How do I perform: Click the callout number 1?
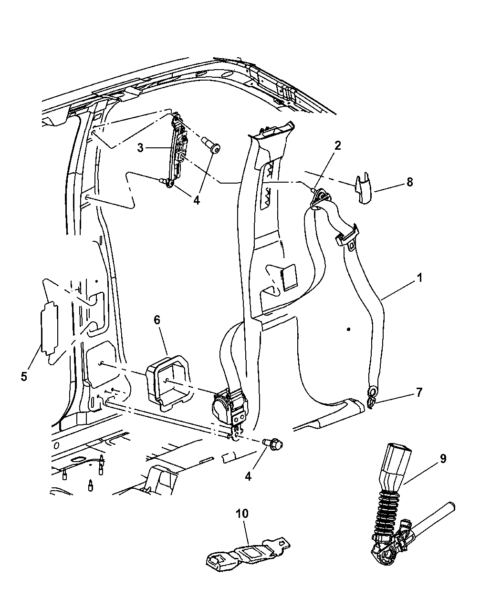click(x=419, y=278)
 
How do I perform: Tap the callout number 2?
click(x=337, y=146)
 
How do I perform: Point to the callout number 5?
click(x=24, y=377)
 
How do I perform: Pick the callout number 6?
click(x=157, y=320)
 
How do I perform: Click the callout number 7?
click(x=419, y=392)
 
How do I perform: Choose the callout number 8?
click(x=409, y=182)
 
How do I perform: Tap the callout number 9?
click(x=443, y=459)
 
